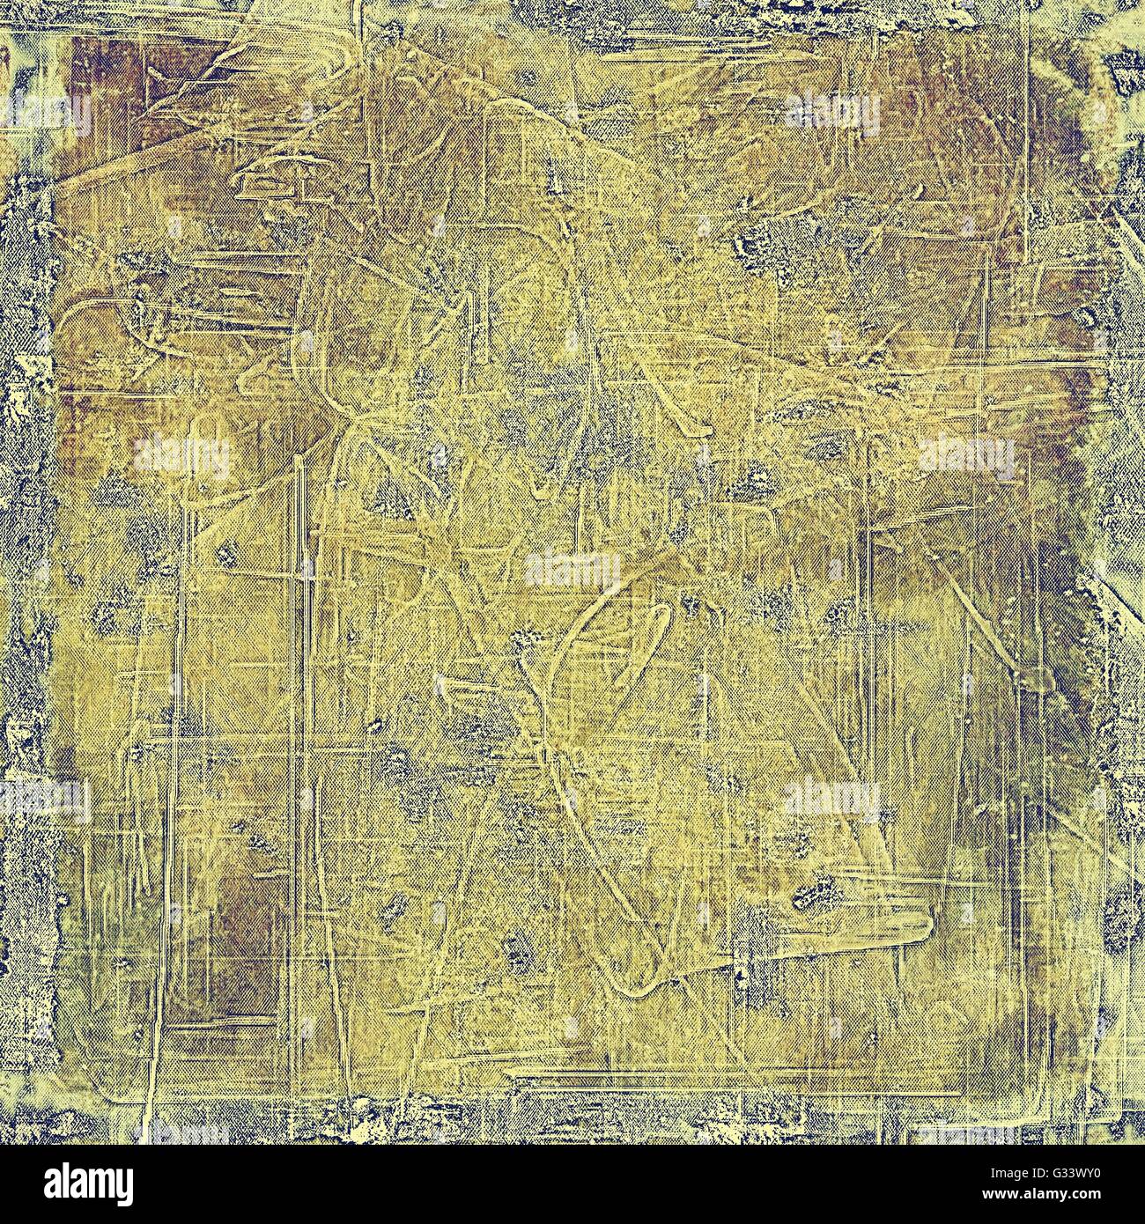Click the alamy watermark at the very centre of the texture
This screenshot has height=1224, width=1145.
point(572,571)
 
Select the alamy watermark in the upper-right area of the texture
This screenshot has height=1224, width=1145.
point(831,113)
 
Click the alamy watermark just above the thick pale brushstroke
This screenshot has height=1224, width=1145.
point(831,800)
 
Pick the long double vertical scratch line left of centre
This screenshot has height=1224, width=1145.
point(305,704)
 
